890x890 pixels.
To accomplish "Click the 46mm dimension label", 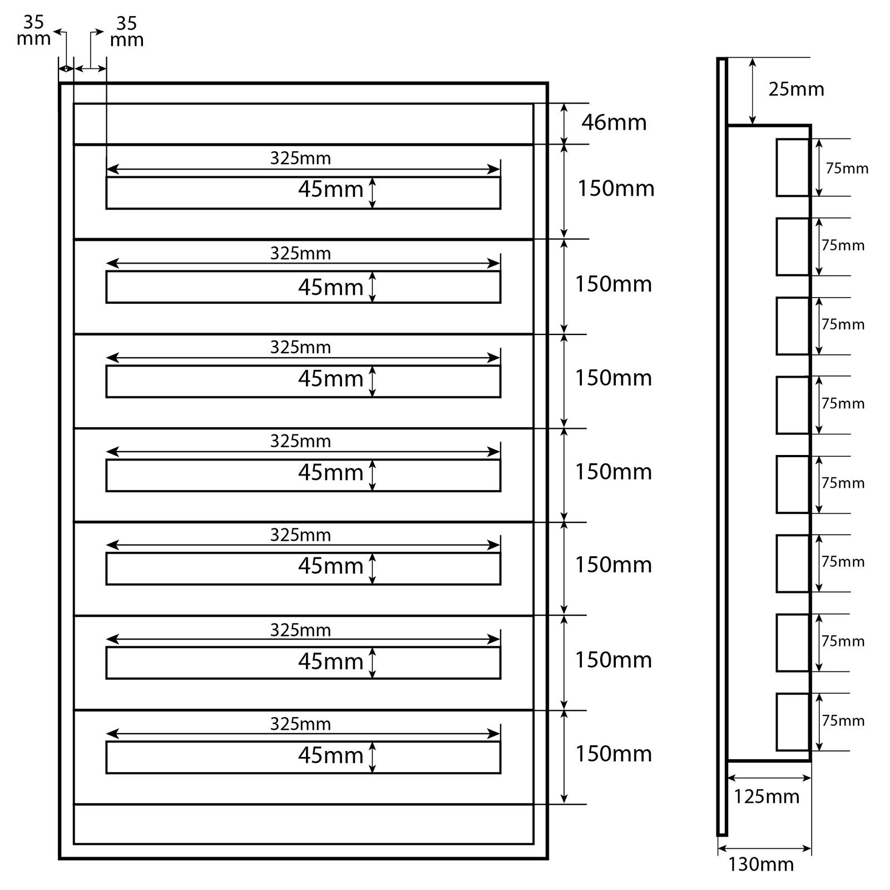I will click(x=614, y=122).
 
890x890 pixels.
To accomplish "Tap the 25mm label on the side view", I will click(x=796, y=89).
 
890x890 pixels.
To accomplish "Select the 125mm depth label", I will click(x=766, y=797).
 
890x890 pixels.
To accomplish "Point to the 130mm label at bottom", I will click(x=761, y=864).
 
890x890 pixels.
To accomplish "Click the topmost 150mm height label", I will click(x=616, y=189).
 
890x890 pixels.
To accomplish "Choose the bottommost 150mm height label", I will click(x=614, y=754).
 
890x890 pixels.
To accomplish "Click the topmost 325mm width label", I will click(x=300, y=159).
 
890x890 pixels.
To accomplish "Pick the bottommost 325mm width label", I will click(x=300, y=724).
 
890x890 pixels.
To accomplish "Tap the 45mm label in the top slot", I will click(x=330, y=189).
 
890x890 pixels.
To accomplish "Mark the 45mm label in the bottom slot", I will click(x=330, y=755).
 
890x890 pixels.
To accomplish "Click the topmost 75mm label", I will click(x=847, y=168).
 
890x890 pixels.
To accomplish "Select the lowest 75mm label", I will click(x=843, y=720).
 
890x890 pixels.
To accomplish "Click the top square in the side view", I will click(x=793, y=167).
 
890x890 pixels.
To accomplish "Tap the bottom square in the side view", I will click(x=793, y=721).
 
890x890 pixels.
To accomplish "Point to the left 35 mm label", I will click(x=33, y=31).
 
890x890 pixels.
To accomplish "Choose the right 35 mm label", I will click(x=127, y=32).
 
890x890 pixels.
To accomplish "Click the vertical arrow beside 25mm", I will click(x=753, y=91).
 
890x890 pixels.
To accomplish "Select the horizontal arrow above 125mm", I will click(x=769, y=778).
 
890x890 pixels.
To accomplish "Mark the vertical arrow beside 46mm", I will click(x=564, y=123).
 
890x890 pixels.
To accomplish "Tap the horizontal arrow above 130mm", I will click(x=764, y=848).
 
